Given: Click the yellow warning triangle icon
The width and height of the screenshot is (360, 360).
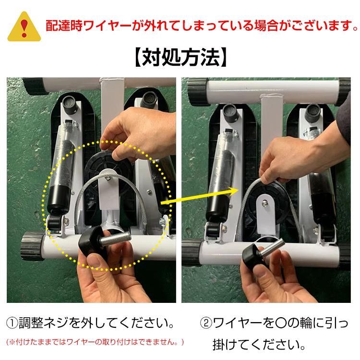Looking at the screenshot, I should coord(22,25).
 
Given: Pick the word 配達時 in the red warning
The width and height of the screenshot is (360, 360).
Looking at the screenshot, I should coord(60,25).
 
